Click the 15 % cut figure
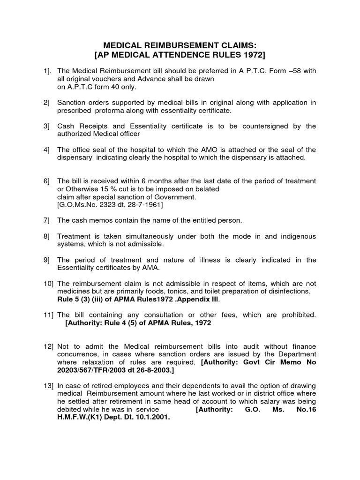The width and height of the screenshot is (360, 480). click(x=101, y=189)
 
